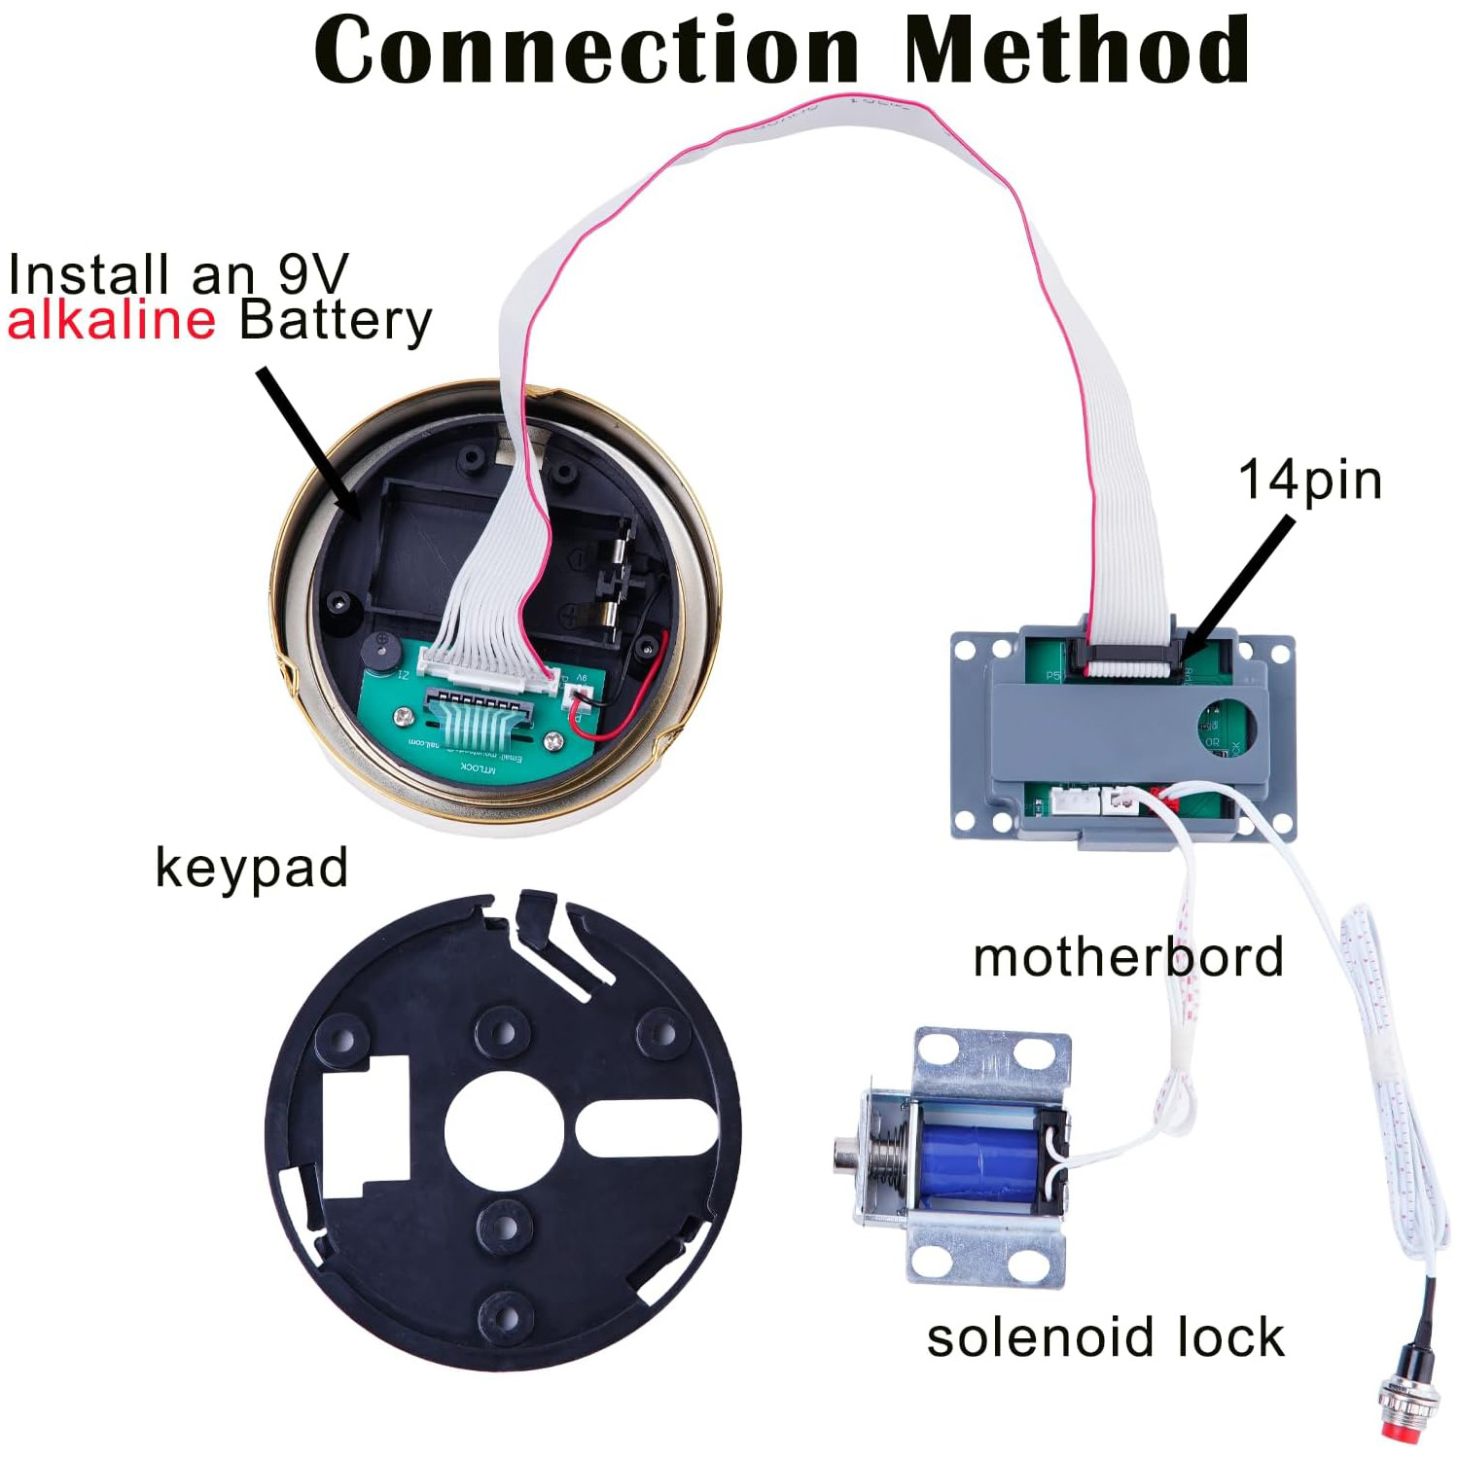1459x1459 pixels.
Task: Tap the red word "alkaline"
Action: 111,320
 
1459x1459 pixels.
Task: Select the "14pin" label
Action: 1309,480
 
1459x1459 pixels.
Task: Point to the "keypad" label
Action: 251,867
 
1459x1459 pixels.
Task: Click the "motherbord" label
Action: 1127,957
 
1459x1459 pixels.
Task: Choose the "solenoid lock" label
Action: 1105,1337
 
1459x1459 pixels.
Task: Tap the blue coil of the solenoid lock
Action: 977,1163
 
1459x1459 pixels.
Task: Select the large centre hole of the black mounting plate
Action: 504,1131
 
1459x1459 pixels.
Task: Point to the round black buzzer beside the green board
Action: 380,651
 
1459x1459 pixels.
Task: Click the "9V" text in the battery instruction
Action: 312,274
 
